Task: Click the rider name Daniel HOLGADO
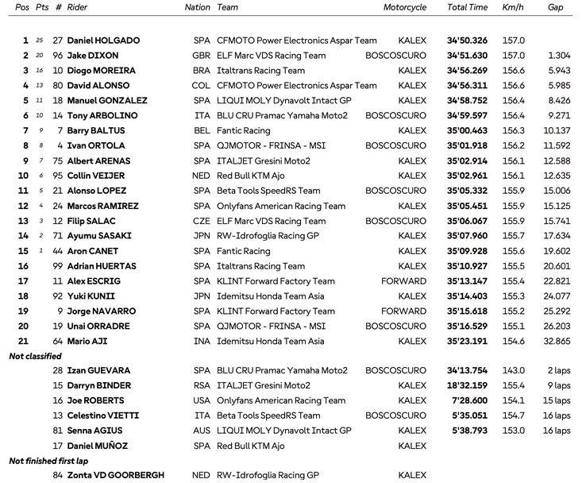[x=103, y=41]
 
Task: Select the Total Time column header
[x=467, y=8]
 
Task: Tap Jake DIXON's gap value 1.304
[x=558, y=56]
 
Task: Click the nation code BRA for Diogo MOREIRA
[x=202, y=71]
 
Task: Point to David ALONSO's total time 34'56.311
[x=467, y=86]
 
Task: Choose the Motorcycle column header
[x=405, y=8]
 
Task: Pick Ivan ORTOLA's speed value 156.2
[x=513, y=146]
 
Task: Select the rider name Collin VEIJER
[x=97, y=176]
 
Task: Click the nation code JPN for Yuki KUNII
[x=202, y=296]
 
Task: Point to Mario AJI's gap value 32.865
[x=557, y=342]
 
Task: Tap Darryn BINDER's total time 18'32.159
[x=467, y=386]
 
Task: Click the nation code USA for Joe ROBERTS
[x=202, y=401]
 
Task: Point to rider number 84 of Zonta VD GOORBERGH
[x=58, y=476]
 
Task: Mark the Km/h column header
[x=513, y=8]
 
